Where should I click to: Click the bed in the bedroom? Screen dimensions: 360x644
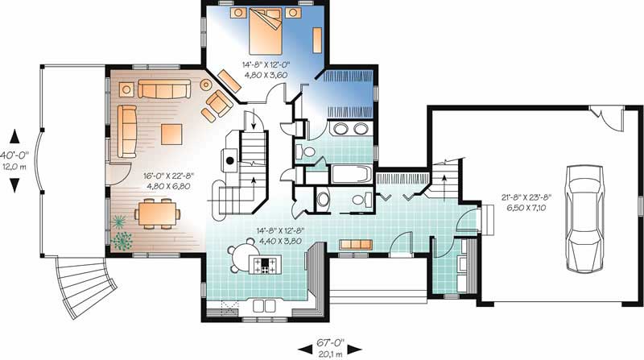click(266, 30)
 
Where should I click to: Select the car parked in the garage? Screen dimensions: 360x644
click(581, 217)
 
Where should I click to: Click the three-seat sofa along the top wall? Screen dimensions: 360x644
click(162, 88)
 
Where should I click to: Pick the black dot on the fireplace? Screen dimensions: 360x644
click(229, 160)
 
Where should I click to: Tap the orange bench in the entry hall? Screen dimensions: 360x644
click(354, 244)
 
